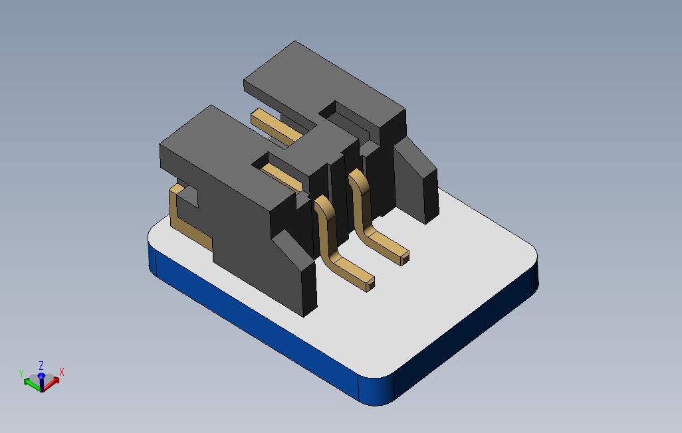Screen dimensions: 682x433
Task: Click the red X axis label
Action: [61, 372]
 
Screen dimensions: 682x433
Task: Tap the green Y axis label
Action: [21, 373]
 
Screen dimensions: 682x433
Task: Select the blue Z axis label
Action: [41, 365]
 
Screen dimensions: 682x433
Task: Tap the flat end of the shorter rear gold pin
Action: [404, 258]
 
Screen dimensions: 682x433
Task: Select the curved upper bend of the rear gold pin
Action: [359, 179]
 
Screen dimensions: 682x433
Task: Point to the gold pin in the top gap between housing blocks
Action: [276, 126]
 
